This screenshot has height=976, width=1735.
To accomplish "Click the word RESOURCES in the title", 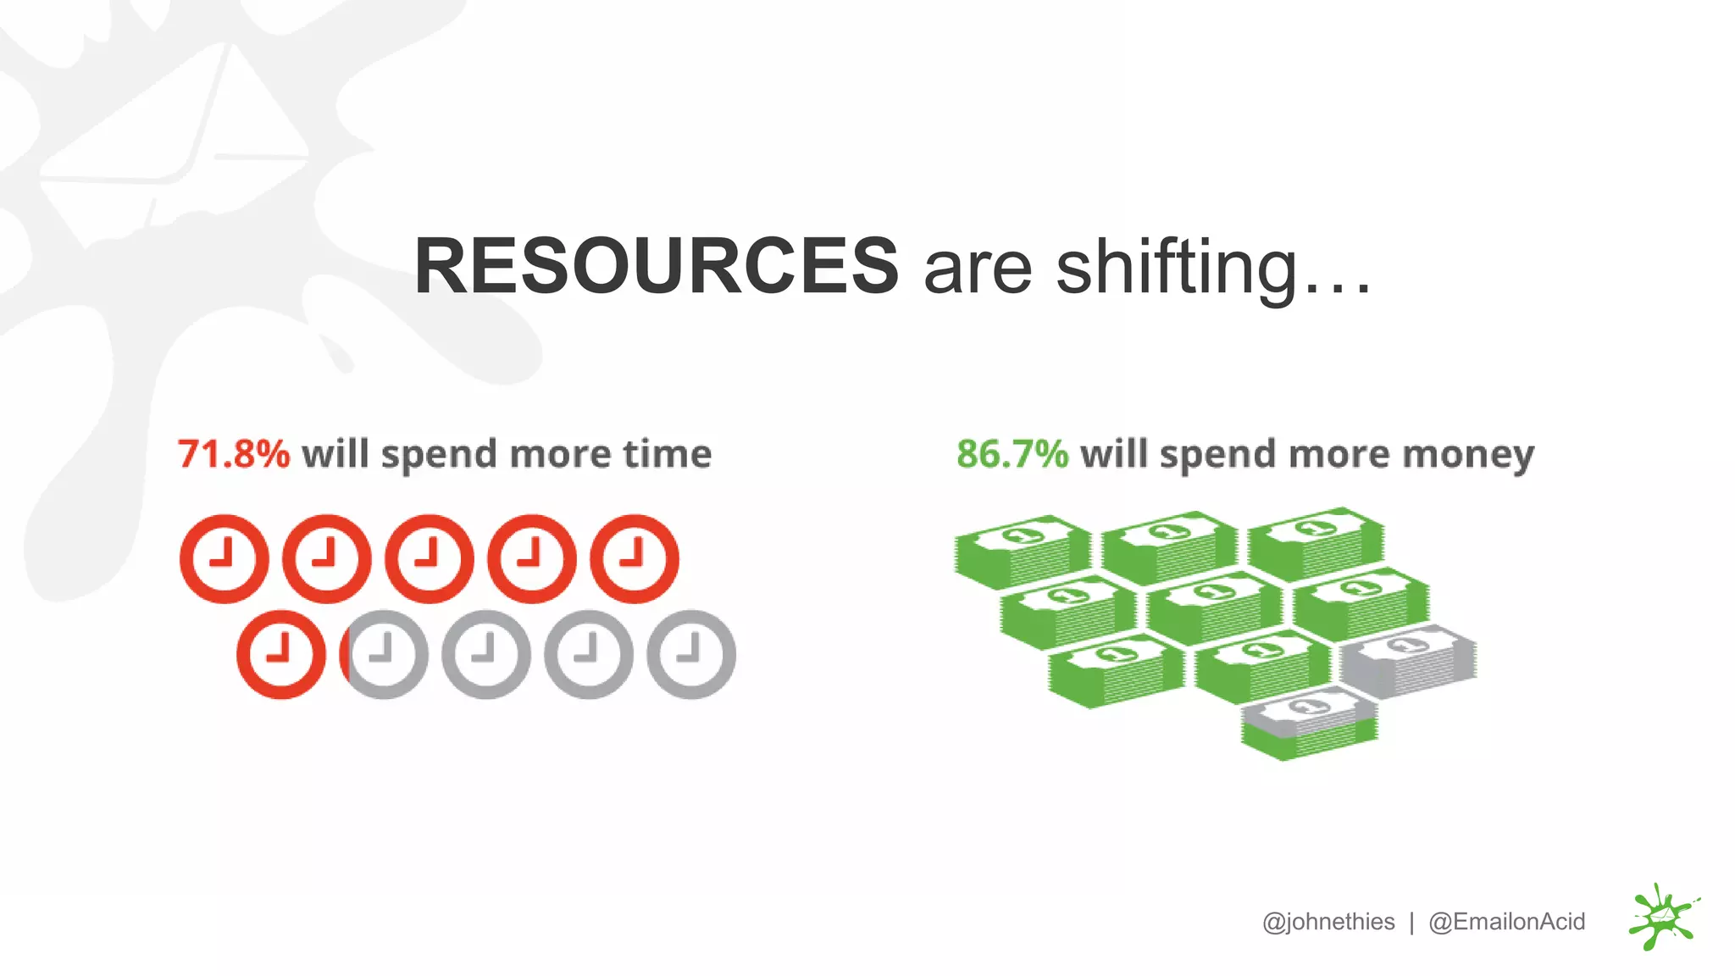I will pyautogui.click(x=657, y=266).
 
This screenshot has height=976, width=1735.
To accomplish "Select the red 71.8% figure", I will pyautogui.click(x=234, y=454).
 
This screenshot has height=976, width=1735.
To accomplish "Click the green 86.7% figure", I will pyautogui.click(x=1012, y=454).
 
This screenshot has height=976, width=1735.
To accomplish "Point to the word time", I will pyautogui.click(x=668, y=454).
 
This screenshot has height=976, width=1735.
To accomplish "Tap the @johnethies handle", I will pyautogui.click(x=1328, y=922).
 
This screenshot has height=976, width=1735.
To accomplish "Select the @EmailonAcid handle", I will pyautogui.click(x=1506, y=922).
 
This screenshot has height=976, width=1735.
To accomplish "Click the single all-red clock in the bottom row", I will pyautogui.click(x=281, y=654).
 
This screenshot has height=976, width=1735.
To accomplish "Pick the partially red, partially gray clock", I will pyautogui.click(x=383, y=654).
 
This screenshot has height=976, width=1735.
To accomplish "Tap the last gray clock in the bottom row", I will pyautogui.click(x=691, y=654).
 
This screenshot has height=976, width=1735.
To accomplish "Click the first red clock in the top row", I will pyautogui.click(x=224, y=558).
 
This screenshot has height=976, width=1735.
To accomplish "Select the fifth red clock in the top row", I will pyautogui.click(x=635, y=558).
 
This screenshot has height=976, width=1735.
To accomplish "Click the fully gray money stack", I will pyautogui.click(x=1408, y=661).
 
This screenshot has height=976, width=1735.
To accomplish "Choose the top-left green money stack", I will pyautogui.click(x=1023, y=551).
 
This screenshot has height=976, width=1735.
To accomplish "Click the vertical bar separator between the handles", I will pyautogui.click(x=1411, y=922).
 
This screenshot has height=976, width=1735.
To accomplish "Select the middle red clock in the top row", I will pyautogui.click(x=430, y=558).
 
